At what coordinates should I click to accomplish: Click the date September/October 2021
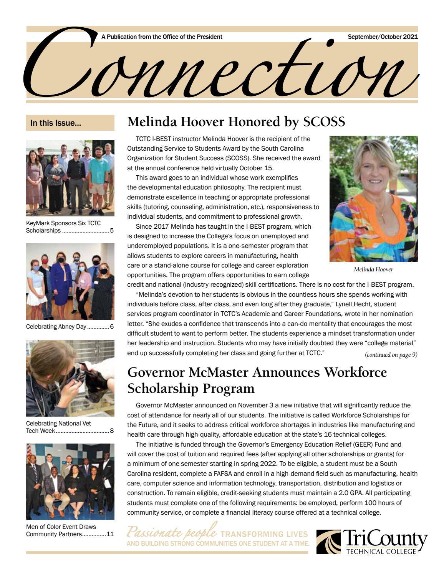point(383,37)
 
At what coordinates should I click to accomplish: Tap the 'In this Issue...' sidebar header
point(56,123)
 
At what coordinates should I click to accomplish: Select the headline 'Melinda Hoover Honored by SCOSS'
point(236,122)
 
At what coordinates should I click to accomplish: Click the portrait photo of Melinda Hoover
point(373,199)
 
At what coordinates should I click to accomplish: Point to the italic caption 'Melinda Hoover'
point(373,269)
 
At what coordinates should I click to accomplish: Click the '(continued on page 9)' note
point(391,354)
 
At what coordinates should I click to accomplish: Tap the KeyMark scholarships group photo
point(70,178)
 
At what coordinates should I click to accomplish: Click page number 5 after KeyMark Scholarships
point(112,231)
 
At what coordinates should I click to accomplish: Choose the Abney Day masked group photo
point(70,281)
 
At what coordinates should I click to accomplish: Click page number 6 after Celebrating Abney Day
point(112,327)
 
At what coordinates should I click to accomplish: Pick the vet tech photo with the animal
point(70,378)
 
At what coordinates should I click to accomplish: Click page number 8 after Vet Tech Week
point(112,430)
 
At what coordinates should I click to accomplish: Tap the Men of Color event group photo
point(70,481)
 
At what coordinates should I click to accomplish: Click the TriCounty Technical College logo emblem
point(328,542)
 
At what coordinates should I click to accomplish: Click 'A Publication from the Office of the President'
point(162,37)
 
